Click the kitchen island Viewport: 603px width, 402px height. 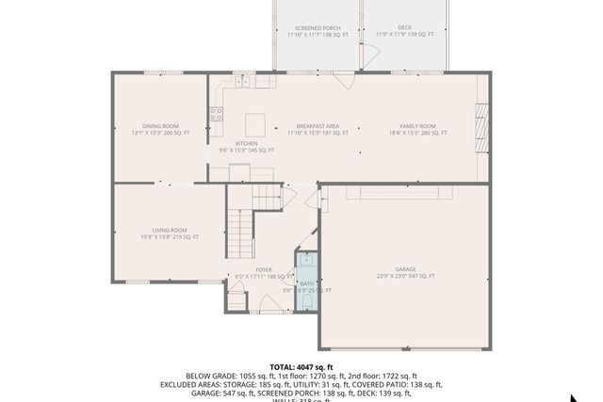254,124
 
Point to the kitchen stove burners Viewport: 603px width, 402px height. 216,115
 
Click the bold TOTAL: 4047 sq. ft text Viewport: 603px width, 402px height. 301,366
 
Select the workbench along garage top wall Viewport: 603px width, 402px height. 399,192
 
